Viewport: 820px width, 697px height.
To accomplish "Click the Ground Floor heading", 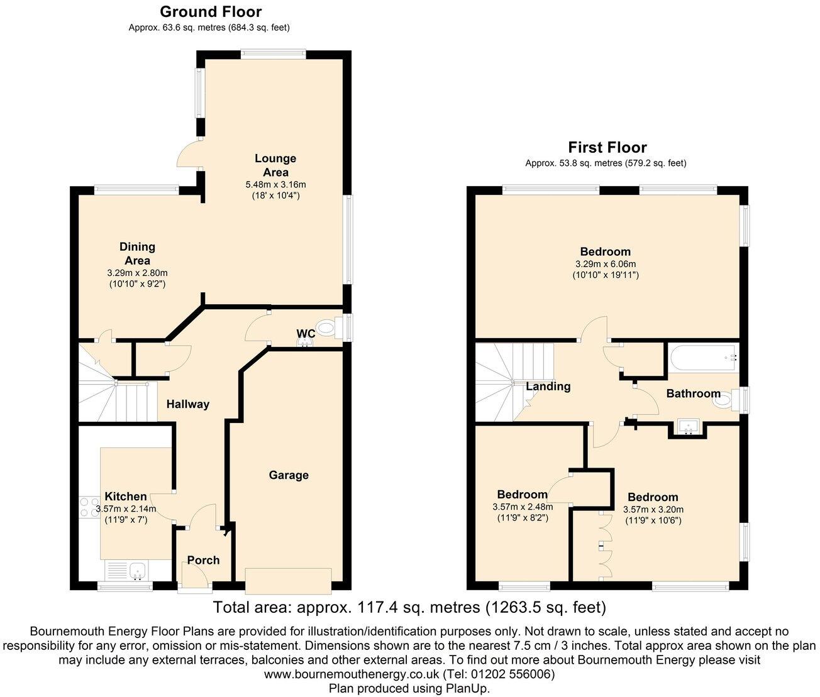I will click(211, 11).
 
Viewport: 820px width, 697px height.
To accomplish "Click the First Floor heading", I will click(607, 147).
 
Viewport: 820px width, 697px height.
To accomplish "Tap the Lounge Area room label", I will click(275, 165).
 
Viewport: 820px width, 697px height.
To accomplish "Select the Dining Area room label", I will click(137, 253).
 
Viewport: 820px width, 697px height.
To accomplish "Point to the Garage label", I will click(289, 475).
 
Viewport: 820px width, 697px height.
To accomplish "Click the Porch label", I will click(203, 560).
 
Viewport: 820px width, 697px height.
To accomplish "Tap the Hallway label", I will click(187, 404).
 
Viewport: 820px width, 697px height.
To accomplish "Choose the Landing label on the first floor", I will click(548, 387).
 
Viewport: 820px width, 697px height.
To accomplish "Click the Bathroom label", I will click(693, 393).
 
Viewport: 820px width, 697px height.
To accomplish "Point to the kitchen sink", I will click(136, 571).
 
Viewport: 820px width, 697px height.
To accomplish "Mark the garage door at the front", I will click(289, 580).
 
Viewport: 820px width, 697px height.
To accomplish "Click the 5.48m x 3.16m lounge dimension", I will click(275, 184).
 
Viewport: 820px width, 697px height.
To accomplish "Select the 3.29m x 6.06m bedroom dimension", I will click(605, 264).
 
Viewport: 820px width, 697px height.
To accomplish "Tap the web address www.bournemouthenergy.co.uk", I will click(351, 674).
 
